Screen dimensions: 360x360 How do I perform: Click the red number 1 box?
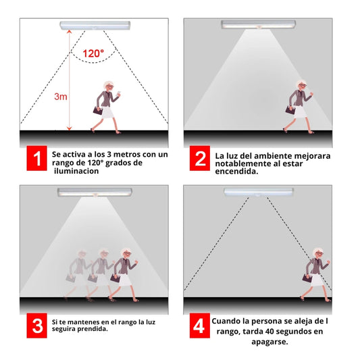36,158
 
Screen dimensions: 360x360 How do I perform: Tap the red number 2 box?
200,158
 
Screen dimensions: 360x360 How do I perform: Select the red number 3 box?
36,326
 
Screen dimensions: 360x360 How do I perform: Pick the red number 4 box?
200,326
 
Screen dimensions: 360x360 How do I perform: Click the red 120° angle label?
93,53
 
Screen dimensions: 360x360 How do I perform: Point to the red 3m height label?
61,97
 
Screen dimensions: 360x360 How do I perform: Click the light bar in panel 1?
95,26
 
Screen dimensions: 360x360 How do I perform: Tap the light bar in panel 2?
258,24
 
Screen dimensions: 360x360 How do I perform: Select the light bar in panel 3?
95,192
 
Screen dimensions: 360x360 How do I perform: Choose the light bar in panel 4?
259,192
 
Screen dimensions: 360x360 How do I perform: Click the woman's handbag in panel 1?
98,111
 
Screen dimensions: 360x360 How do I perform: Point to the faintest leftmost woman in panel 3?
78,274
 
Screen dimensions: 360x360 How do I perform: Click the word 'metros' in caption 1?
128,155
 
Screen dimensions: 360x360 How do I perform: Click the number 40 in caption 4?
270,332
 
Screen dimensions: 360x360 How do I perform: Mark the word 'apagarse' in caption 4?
269,342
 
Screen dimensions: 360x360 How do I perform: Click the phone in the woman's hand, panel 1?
119,93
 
